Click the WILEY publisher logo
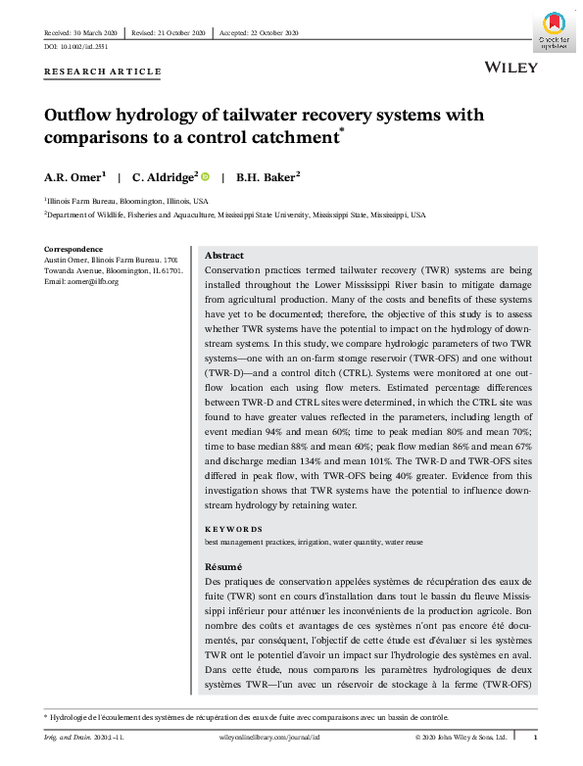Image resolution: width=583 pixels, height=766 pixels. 510,68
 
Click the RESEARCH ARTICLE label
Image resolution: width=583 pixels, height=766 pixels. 103,72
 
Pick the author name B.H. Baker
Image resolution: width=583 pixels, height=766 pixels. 267,177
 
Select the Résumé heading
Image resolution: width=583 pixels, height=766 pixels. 221,567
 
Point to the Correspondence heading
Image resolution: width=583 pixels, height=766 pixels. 73,249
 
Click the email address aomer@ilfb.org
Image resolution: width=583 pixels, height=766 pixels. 92,281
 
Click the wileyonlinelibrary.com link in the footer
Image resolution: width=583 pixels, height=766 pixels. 258,737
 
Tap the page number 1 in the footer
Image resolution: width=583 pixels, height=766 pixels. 534,737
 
